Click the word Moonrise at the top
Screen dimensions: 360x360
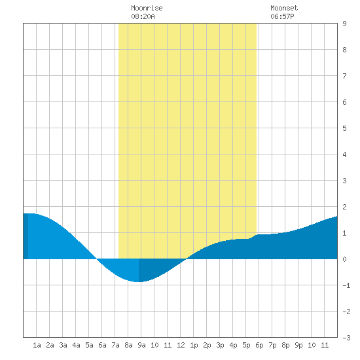click(147, 8)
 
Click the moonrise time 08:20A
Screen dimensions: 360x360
click(143, 16)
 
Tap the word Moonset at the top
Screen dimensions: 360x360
click(284, 8)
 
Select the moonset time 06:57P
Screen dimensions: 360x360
click(282, 16)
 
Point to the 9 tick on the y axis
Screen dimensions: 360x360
click(344, 24)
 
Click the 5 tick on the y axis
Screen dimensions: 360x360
click(344, 128)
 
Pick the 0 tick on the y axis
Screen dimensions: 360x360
click(344, 259)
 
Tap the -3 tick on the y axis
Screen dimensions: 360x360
click(346, 338)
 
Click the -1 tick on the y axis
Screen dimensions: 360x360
click(346, 285)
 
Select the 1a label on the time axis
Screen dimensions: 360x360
click(37, 345)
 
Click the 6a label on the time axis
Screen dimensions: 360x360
click(102, 345)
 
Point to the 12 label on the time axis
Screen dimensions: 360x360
click(181, 345)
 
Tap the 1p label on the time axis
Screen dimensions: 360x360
click(194, 345)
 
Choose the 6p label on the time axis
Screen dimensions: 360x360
click(259, 345)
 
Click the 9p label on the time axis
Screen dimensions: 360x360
click(298, 345)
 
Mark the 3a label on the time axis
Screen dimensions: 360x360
click(63, 345)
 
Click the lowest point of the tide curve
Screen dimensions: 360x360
click(139, 281)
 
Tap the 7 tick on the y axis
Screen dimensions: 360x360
click(344, 76)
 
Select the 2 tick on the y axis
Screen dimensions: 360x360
click(344, 207)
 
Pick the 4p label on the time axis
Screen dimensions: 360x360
click(233, 345)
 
